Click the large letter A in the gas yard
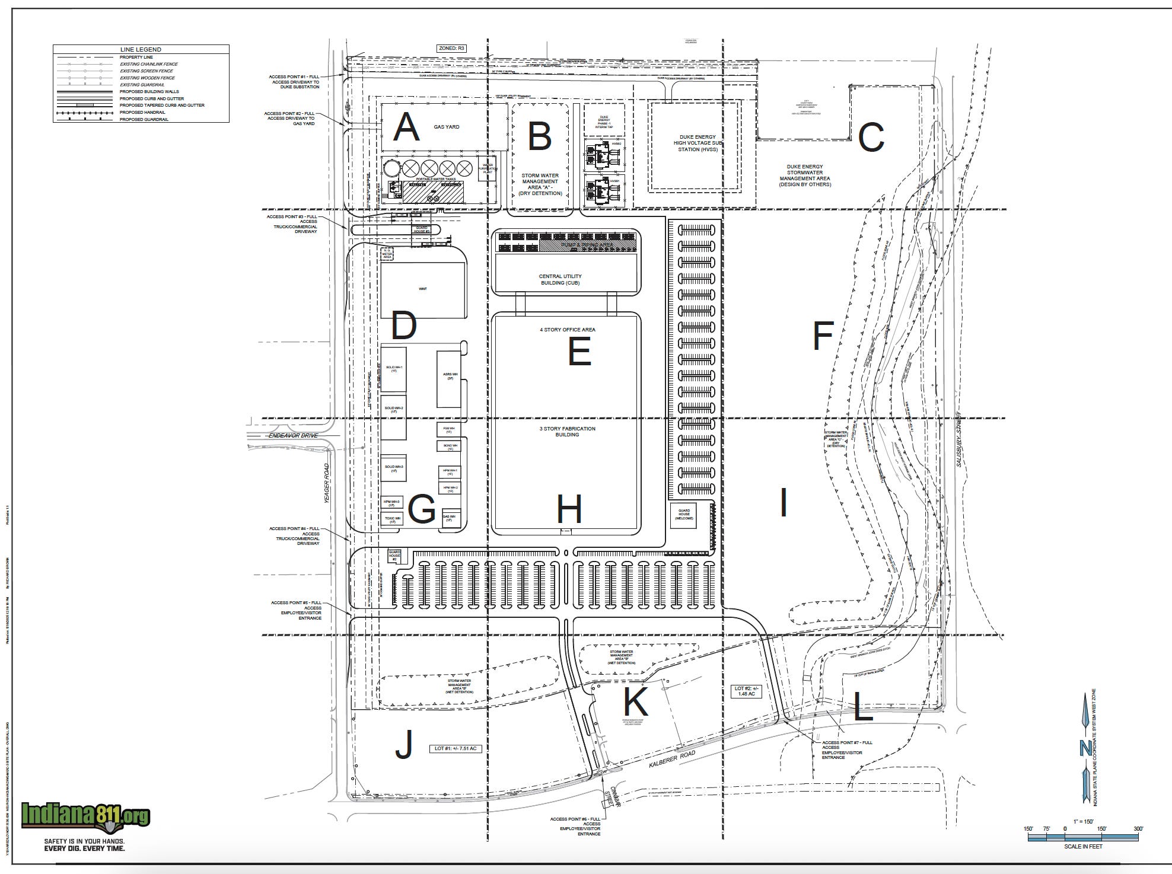click(x=406, y=127)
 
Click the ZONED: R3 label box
click(x=452, y=48)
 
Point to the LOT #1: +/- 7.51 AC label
click(x=456, y=748)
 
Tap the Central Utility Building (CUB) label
click(x=560, y=279)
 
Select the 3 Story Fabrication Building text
click(x=567, y=431)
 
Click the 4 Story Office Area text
click(x=567, y=330)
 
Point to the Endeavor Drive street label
click(x=294, y=436)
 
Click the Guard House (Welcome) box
click(x=684, y=514)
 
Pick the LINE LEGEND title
click(x=141, y=50)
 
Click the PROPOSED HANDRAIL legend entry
click(x=142, y=112)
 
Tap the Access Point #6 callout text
click(x=575, y=826)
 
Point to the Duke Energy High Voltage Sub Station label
click(x=698, y=143)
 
